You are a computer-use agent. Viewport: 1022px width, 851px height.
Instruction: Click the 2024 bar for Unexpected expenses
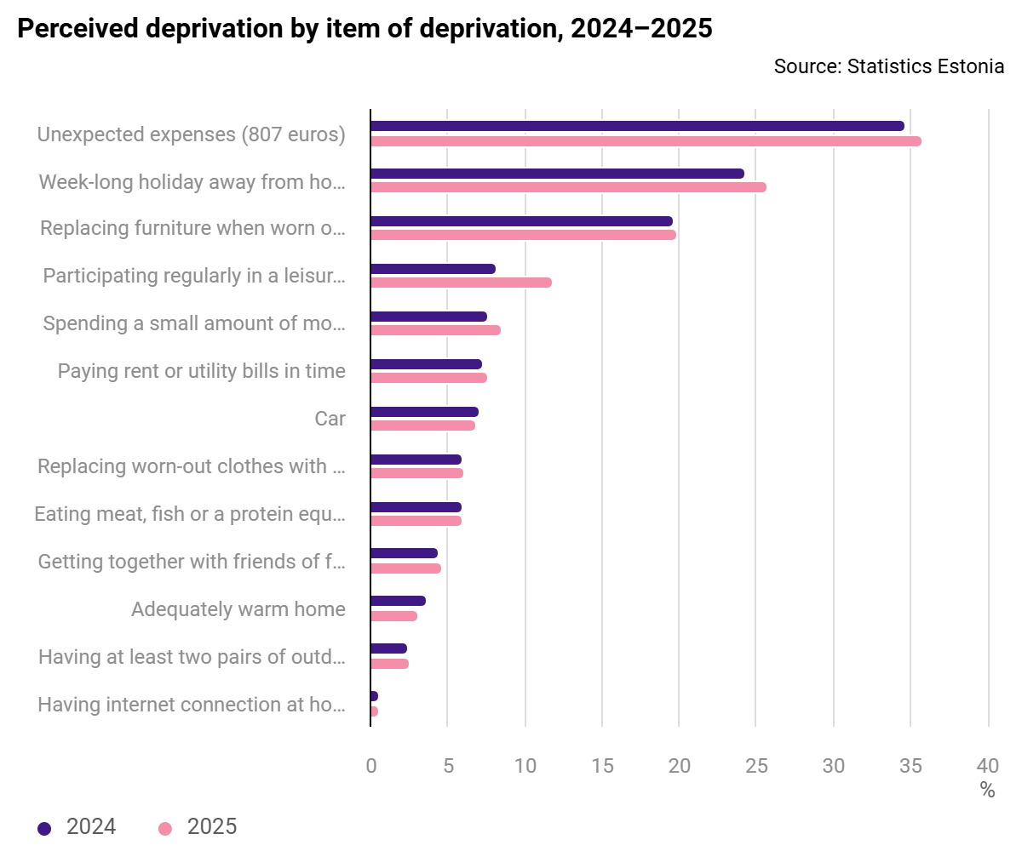tap(637, 126)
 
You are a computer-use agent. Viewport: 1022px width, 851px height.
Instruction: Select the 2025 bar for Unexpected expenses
tap(646, 141)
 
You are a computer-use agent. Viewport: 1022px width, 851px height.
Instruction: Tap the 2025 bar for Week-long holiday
tap(568, 187)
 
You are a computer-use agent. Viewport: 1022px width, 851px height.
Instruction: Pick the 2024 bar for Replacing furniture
tap(521, 221)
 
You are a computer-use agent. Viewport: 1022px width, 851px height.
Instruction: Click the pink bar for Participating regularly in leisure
tap(461, 283)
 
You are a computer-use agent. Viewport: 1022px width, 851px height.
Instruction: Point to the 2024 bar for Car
tap(424, 412)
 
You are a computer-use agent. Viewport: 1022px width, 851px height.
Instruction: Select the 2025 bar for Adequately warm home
tap(393, 616)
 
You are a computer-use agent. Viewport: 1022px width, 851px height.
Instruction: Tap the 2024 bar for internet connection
tap(374, 696)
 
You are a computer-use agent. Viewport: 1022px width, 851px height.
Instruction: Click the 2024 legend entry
tap(78, 826)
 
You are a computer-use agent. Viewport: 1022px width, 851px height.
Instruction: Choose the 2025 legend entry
tap(198, 826)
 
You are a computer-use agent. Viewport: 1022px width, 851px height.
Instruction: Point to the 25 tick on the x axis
tap(756, 766)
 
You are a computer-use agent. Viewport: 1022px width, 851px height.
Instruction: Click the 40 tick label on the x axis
tap(988, 766)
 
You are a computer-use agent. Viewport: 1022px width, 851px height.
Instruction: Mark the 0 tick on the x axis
tap(370, 766)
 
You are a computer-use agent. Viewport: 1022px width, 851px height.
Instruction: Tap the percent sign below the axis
tap(987, 791)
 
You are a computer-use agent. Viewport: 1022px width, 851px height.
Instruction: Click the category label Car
tap(330, 419)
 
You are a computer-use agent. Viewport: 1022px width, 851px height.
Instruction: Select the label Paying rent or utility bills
tap(202, 371)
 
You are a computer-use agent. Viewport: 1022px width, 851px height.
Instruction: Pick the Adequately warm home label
tap(238, 609)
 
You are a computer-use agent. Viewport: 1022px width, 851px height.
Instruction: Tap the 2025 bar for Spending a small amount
tap(435, 330)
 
